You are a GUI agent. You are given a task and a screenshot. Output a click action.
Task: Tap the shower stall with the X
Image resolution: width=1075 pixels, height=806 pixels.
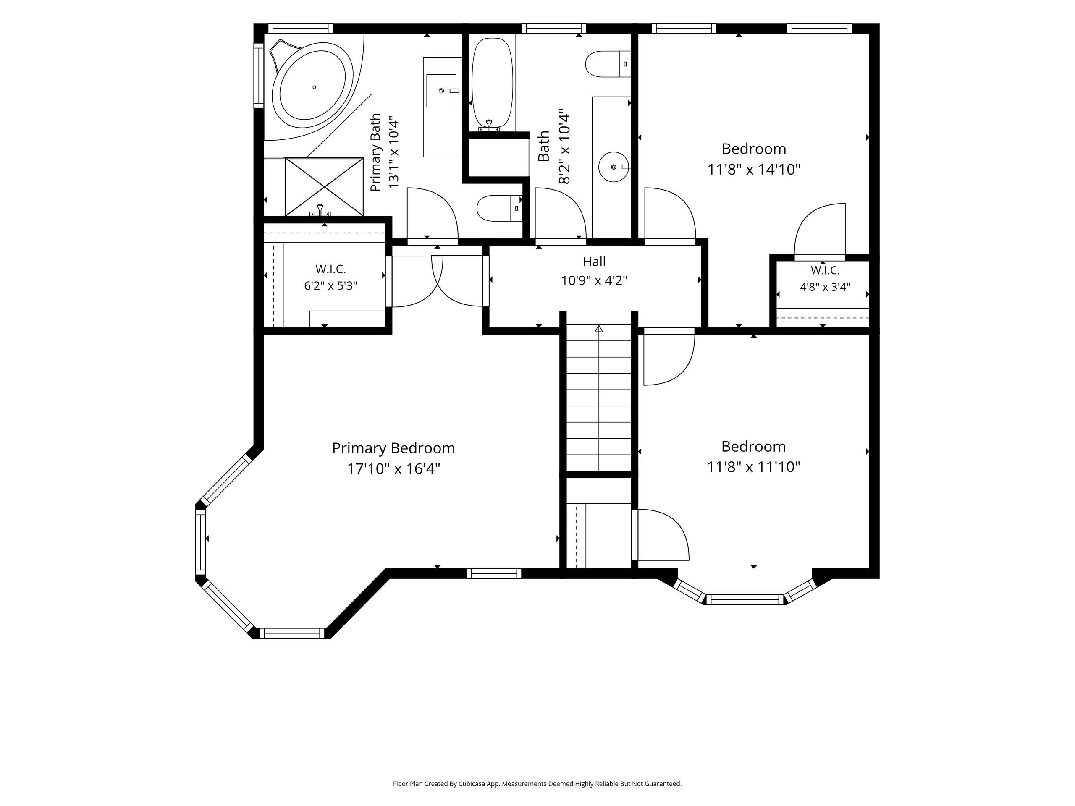[324, 186]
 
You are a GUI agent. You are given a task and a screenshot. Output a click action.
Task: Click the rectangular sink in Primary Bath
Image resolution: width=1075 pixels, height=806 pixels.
[442, 90]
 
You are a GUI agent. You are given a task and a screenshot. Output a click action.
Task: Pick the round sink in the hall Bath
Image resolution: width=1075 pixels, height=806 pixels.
[614, 167]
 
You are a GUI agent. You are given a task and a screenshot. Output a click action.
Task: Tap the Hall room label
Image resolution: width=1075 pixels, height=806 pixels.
[594, 262]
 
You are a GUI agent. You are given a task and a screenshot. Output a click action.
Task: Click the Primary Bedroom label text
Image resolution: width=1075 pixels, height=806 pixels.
[393, 448]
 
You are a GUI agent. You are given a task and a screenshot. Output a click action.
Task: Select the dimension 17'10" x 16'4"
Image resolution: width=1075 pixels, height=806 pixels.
[393, 469]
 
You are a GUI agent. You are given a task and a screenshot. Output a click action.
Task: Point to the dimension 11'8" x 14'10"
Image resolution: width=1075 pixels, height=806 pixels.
[754, 170]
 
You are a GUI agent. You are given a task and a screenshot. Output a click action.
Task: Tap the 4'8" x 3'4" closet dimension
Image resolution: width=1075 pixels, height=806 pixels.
[825, 287]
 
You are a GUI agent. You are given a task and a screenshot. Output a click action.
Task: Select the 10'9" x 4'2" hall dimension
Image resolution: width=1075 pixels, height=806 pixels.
[594, 281]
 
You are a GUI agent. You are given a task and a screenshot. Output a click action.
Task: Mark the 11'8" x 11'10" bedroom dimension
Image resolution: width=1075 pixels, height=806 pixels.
[754, 467]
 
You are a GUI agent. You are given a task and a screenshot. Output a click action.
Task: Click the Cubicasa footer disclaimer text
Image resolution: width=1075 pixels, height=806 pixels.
[537, 784]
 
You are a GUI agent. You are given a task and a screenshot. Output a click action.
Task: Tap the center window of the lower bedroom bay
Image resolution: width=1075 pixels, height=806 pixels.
[745, 599]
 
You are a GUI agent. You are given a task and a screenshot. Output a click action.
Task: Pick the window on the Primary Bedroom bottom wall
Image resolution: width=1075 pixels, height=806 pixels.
[494, 573]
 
